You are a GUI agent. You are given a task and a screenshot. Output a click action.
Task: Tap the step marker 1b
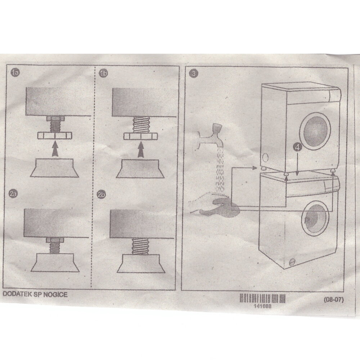[x=103, y=74]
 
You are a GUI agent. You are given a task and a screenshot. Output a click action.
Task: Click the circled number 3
[x=194, y=74]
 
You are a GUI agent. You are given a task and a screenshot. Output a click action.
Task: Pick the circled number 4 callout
[x=297, y=147]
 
